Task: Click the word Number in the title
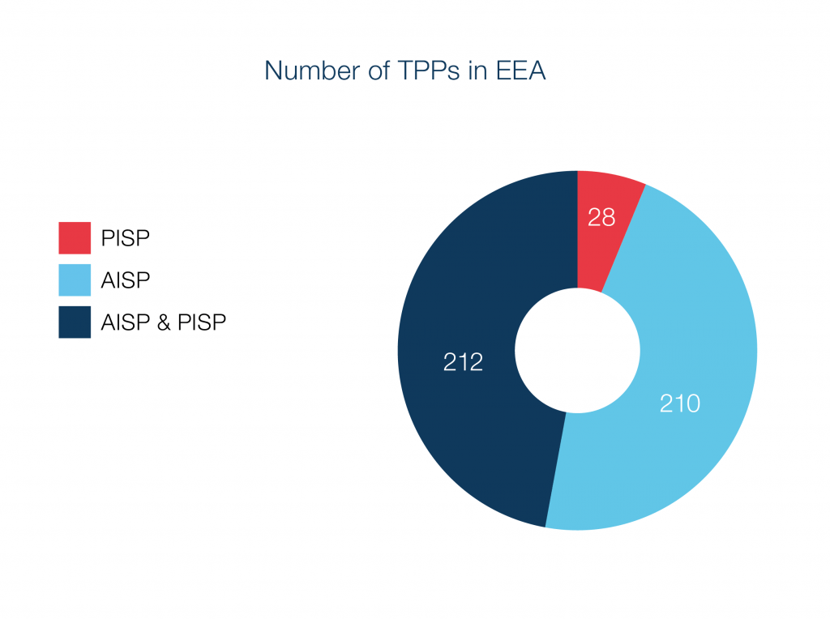pos(312,71)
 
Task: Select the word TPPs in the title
pos(428,71)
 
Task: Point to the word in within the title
pos(477,71)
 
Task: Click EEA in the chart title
pos(520,71)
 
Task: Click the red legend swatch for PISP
pos(75,237)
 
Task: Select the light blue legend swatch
pos(75,280)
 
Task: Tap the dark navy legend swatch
pos(75,322)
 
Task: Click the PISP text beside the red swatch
pos(126,238)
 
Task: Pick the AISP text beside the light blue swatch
pos(126,280)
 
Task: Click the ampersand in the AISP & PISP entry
pos(164,322)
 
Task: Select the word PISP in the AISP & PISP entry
pos(202,322)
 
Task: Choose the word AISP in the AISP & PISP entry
pos(126,322)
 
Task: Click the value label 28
pos(601,217)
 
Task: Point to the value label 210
pos(680,403)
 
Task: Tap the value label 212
pos(463,362)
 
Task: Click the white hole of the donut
pos(577,350)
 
